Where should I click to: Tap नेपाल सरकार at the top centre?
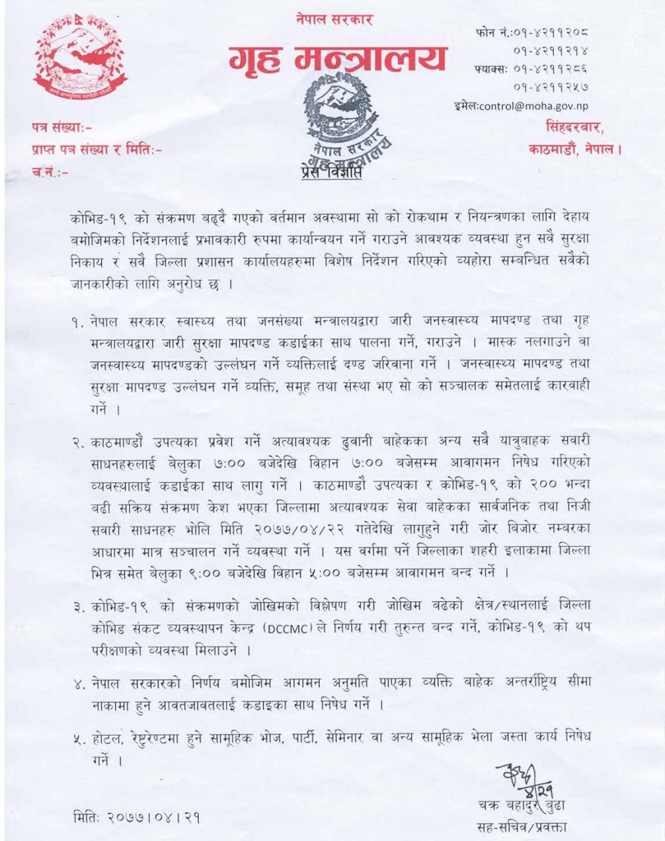click(x=337, y=18)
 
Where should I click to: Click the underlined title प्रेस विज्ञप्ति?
click(x=330, y=173)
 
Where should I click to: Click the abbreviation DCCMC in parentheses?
click(x=289, y=627)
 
